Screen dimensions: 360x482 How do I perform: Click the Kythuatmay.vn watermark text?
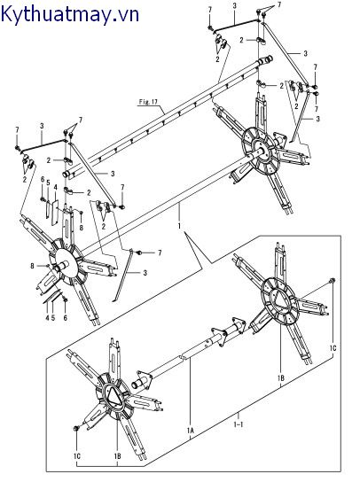[70, 15]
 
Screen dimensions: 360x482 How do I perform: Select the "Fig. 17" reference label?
[148, 101]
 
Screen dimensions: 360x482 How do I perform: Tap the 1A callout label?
[191, 431]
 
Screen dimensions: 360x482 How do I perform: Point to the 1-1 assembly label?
[239, 424]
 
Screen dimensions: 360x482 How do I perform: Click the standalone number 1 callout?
[179, 226]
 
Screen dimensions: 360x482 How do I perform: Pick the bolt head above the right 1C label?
[333, 280]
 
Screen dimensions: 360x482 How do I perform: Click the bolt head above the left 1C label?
[75, 428]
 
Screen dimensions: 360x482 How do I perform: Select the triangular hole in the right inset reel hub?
[280, 298]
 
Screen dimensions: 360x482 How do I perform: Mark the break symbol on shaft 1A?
[182, 358]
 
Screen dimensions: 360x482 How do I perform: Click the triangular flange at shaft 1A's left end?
[145, 377]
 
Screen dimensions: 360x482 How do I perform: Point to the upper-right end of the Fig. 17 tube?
[268, 59]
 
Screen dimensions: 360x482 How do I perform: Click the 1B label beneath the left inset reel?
[117, 456]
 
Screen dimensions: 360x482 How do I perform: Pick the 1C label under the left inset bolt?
[77, 456]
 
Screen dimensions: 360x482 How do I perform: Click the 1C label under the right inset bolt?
[333, 348]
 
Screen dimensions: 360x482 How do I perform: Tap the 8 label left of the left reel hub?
[32, 266]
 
